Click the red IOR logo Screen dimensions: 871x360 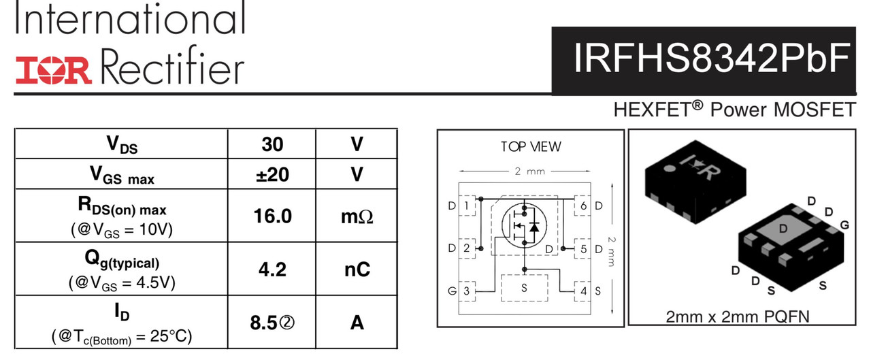tap(54, 70)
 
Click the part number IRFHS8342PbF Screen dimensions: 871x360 tap(712, 59)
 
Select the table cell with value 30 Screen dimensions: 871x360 tap(272, 144)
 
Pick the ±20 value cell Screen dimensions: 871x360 tap(272, 174)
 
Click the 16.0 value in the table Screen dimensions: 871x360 tap(272, 216)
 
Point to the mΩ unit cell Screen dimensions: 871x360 tap(357, 216)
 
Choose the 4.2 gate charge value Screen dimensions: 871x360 tap(272, 269)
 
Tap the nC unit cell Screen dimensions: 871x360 tap(357, 269)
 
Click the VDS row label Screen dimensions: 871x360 tap(122, 145)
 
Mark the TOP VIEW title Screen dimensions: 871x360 tap(531, 147)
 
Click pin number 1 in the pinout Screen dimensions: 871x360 tap(467, 206)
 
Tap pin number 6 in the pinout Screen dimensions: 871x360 tap(583, 206)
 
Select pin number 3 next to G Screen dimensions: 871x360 tap(467, 291)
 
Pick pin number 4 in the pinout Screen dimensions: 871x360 tap(583, 291)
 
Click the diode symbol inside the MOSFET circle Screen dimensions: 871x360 tap(535, 226)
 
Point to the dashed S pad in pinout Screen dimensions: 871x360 tap(524, 288)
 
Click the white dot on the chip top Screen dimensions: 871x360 tap(669, 168)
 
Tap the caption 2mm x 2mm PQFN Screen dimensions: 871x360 tap(738, 317)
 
